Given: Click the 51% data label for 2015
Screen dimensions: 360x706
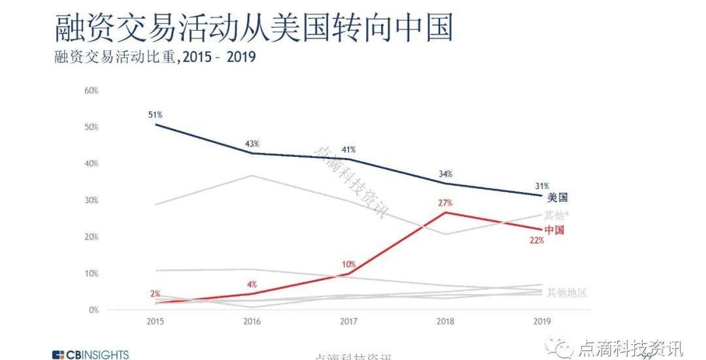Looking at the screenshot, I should coord(155,115).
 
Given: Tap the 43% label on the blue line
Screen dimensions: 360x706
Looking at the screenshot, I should coord(252,144).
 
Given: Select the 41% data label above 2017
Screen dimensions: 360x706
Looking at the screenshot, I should coord(348,150).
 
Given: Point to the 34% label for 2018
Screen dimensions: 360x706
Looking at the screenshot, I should coord(445,174).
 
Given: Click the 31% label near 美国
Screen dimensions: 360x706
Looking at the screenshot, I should coord(542,186).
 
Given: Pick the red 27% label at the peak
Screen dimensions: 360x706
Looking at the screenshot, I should coord(445,203).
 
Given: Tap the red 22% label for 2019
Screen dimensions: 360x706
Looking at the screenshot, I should coord(537,241).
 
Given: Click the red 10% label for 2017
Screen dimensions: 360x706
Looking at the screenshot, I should coord(348,265).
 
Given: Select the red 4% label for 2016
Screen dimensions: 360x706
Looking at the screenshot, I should coord(252,284).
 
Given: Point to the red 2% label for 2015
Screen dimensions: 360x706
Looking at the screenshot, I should coord(155,294).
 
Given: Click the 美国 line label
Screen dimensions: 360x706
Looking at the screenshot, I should coord(557,197).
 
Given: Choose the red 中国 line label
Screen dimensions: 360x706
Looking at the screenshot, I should coord(554,229).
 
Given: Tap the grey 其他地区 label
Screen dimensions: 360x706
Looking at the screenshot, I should coord(567,292).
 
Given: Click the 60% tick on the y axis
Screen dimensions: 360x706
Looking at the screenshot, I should coord(92,90).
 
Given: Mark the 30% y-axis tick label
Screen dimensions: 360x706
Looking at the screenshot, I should coord(92,200).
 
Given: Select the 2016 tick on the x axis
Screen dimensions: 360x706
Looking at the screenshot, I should coord(252,321).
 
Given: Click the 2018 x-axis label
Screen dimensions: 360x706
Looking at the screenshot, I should coord(445,321).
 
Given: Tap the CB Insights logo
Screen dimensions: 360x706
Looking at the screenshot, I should coord(90,355).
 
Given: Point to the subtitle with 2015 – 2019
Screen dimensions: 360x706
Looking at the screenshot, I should coord(154,57).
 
